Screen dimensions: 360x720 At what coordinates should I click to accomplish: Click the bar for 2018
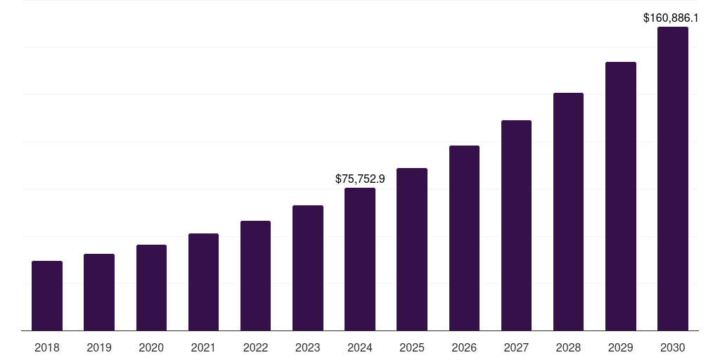(x=47, y=295)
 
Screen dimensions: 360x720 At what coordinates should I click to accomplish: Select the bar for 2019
(x=99, y=292)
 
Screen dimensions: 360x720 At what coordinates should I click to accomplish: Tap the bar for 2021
(x=203, y=281)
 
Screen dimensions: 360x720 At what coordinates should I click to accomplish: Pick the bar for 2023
(x=308, y=267)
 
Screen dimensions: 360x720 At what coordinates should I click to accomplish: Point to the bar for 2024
(x=360, y=259)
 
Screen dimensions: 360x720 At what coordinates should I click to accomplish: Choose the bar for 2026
(x=464, y=238)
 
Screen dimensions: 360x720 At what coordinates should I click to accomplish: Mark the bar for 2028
(x=568, y=211)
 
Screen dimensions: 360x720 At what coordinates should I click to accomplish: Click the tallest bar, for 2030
(x=673, y=179)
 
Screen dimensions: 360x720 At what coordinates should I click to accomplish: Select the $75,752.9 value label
(x=360, y=179)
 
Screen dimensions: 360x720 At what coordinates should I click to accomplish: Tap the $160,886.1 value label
(x=671, y=18)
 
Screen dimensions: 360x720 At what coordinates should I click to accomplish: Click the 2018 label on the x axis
(x=47, y=347)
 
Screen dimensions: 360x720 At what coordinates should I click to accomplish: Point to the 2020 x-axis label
(x=151, y=347)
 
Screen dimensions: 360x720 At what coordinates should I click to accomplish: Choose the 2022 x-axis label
(x=255, y=347)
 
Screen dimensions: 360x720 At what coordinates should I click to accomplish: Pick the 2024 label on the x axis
(x=360, y=347)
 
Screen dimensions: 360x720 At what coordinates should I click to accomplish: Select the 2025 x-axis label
(x=412, y=347)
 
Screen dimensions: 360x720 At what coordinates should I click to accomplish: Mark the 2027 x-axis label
(x=516, y=347)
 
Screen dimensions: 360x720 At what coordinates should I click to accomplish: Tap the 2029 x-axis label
(x=620, y=347)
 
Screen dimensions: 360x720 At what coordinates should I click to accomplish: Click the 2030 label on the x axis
(x=673, y=347)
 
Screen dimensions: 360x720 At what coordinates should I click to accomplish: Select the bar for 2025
(x=412, y=249)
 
